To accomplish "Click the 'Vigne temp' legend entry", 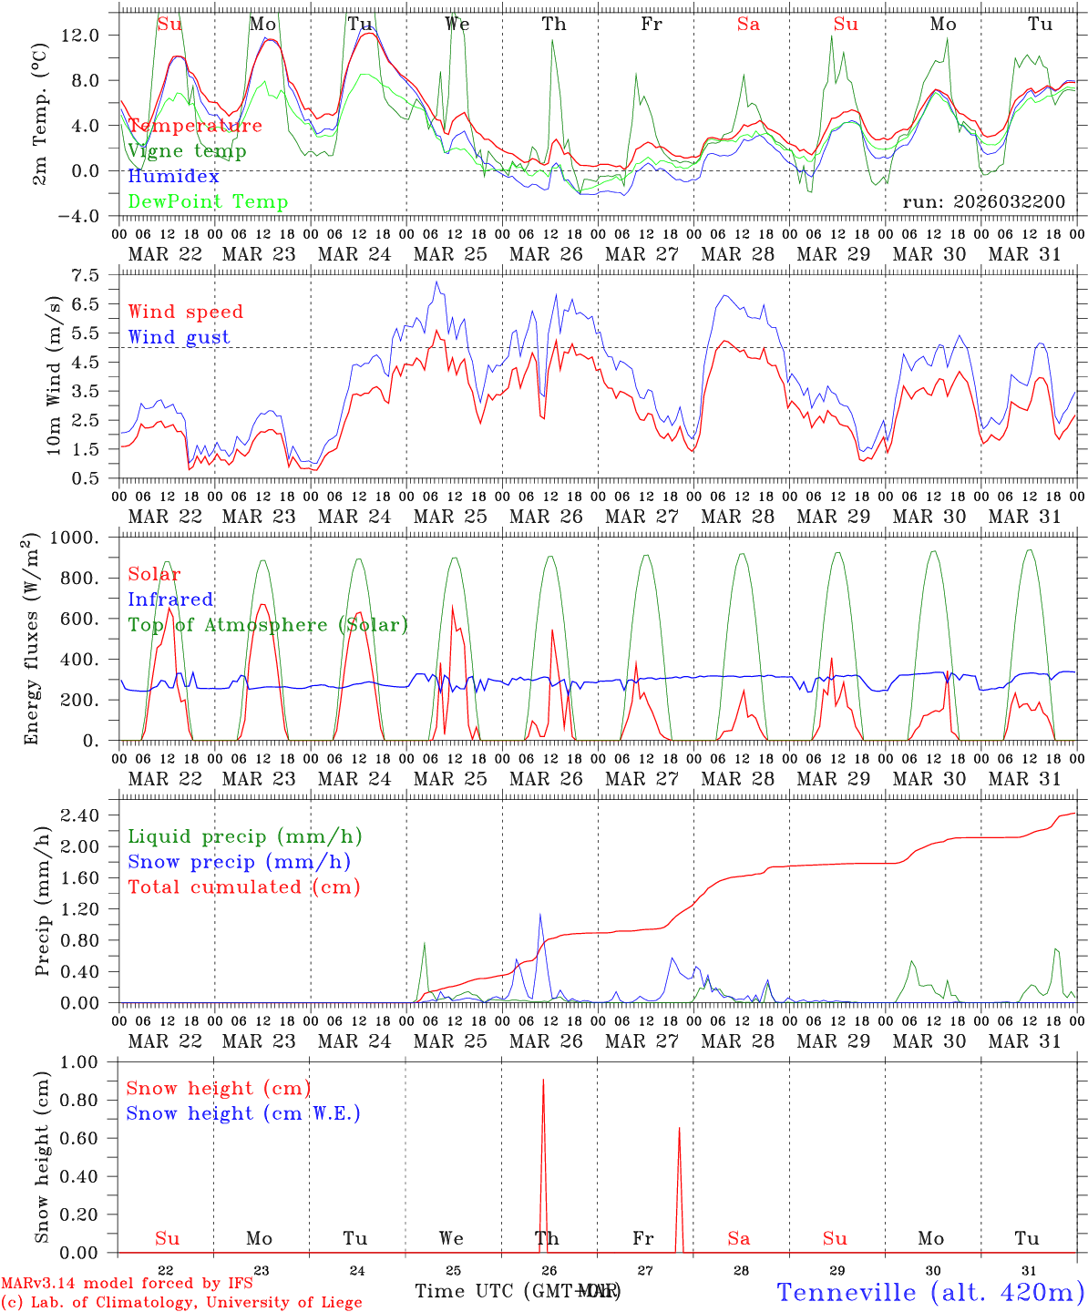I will [x=187, y=151].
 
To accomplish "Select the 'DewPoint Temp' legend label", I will [x=208, y=201].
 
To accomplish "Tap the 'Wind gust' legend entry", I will [x=179, y=337].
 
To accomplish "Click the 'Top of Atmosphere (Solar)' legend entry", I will [x=268, y=625].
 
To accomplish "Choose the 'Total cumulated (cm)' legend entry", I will [x=243, y=887].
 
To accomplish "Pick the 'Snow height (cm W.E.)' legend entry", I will [x=243, y=1113].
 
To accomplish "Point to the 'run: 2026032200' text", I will [x=983, y=201].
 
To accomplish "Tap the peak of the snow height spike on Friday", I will [x=679, y=1129].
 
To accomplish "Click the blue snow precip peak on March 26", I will [x=539, y=915].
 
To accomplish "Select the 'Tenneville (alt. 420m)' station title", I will [x=929, y=1291].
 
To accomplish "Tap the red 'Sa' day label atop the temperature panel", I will [x=748, y=25].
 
